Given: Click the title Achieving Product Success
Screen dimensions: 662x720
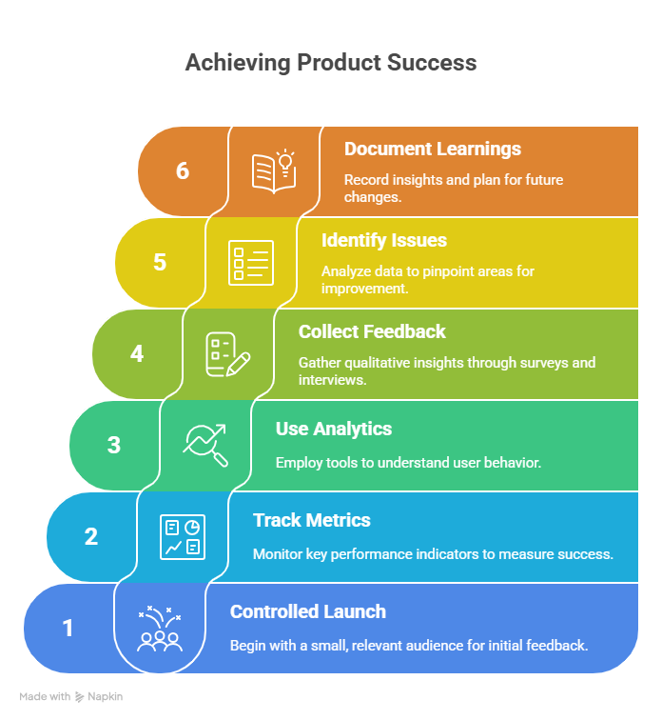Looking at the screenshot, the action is coord(331,63).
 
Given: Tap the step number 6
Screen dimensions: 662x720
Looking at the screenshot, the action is coord(183,170).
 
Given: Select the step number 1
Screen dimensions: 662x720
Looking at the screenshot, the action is coord(68,628).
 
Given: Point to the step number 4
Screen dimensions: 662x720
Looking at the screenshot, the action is coord(137,353).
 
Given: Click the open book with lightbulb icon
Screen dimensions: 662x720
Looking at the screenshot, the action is coord(274,171).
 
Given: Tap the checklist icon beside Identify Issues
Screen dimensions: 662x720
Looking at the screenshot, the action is coord(251,263).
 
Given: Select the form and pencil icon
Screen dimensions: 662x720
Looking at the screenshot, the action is coord(228,354).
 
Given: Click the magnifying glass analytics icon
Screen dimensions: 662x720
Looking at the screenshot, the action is coord(204,446).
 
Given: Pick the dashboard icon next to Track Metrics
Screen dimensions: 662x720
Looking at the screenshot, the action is coord(183,537).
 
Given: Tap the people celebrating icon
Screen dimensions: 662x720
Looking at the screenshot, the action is coord(160,629).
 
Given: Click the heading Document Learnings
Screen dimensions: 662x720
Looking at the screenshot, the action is coord(433,150).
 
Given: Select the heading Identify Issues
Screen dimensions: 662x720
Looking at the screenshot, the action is coord(383,240).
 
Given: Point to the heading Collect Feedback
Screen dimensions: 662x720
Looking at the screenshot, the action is coord(372,331).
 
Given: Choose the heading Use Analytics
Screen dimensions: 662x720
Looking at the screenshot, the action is coord(334,429).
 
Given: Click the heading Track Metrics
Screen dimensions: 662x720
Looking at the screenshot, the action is coord(312,520).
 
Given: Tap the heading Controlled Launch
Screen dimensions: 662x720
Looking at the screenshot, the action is coord(308,611).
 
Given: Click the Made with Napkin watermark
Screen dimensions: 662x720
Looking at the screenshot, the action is coord(71,696).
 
